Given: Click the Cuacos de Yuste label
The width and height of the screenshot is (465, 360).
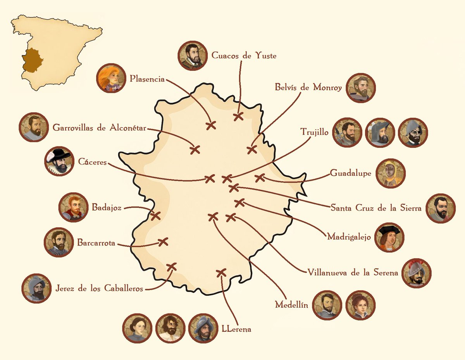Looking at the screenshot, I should point(244,56).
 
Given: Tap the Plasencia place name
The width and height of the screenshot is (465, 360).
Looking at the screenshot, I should point(147,79).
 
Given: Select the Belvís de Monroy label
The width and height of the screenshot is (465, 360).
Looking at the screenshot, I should point(308,88).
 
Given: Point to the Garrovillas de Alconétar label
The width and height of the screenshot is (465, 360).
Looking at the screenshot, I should point(100,128).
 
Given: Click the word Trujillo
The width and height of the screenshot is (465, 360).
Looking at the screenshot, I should point(314,132).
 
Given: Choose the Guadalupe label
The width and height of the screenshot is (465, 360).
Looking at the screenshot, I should point(350,173).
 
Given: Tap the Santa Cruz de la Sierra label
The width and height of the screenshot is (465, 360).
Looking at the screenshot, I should point(376,208).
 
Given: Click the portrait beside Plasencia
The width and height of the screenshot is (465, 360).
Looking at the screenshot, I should point(112,78).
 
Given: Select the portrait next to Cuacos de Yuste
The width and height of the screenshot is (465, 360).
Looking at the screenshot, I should point(193,56).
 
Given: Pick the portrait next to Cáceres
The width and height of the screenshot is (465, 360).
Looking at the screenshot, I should point(59,161).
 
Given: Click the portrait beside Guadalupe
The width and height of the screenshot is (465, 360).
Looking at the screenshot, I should point(390,173).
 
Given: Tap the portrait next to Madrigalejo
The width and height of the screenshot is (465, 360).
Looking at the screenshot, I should point(389,237).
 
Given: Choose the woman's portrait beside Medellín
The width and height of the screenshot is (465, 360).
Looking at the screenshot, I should point(360,305).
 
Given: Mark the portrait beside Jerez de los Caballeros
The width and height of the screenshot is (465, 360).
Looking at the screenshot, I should point(37,288).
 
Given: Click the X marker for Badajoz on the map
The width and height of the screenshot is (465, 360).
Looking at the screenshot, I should point(155,216).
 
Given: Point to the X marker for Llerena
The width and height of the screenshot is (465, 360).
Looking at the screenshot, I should point(221,273).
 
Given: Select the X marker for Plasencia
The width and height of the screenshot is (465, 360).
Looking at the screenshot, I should point(211,125).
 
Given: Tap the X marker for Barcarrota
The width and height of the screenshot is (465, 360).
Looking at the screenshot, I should point(163,242).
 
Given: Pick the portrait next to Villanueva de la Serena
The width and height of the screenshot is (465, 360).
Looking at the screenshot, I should point(417,273).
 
